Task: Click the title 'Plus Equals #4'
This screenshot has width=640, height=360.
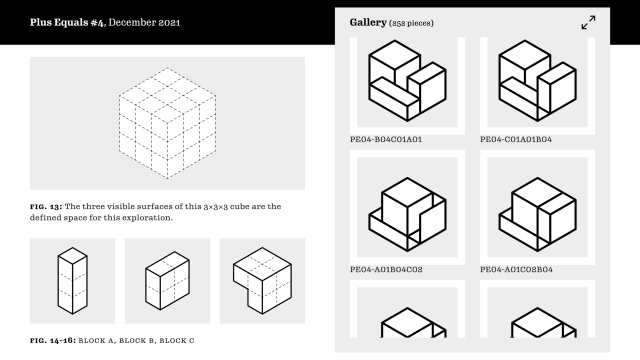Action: (71, 22)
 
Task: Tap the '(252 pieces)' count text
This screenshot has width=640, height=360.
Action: (413, 22)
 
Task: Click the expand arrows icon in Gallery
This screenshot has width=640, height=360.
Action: (588, 22)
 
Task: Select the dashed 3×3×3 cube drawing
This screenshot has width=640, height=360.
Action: (167, 123)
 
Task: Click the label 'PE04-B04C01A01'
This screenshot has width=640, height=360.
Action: (385, 139)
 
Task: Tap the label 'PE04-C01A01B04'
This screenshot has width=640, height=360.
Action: (515, 139)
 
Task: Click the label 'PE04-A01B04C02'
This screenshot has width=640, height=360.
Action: (386, 269)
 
